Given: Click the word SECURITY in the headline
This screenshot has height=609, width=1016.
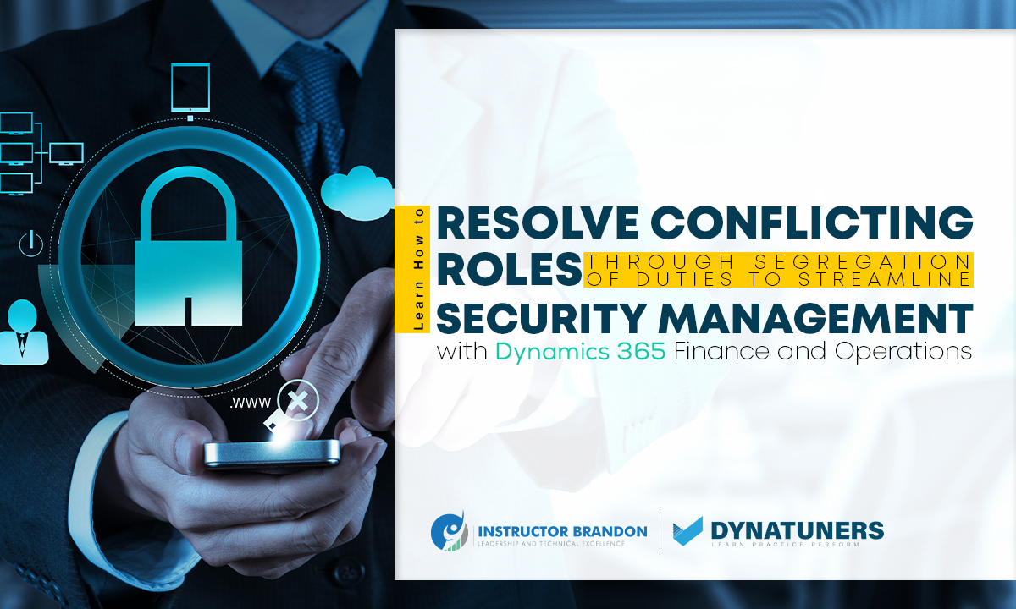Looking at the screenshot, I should tap(542, 319).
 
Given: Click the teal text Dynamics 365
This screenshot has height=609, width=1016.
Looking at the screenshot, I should tap(582, 352).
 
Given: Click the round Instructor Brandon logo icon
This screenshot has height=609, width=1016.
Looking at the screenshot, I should tap(449, 530).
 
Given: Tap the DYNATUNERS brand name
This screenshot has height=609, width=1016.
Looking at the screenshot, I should tap(797, 529).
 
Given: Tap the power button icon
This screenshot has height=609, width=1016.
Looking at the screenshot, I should tap(30, 244).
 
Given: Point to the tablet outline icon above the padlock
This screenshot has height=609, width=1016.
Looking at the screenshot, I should tap(190, 87).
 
